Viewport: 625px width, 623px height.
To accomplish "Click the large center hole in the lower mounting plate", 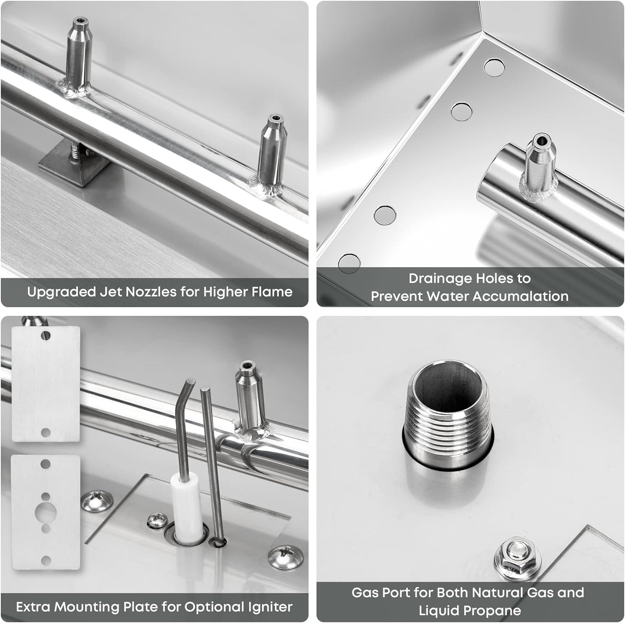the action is [45, 510].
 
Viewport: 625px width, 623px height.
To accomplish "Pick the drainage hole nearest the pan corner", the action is [494, 67].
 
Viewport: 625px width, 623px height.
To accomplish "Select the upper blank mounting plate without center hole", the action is [45, 384].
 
